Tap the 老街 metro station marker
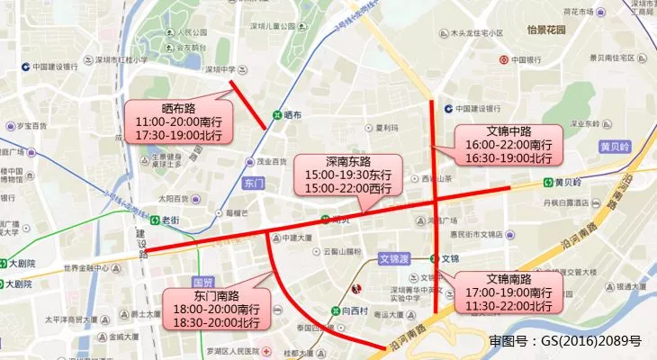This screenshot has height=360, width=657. pyautogui.click(x=152, y=220)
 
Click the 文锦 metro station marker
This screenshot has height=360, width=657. pyautogui.click(x=434, y=258)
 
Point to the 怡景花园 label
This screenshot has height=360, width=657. pyautogui.click(x=544, y=30)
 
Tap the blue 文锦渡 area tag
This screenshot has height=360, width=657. pyautogui.click(x=394, y=257)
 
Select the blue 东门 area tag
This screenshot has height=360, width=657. pyautogui.click(x=254, y=183)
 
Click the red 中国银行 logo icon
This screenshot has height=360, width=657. pyautogui.click(x=503, y=59)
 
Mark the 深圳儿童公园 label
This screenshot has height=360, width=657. pyautogui.click(x=274, y=28)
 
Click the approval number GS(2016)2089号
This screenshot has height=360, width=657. pyautogui.click(x=564, y=341)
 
